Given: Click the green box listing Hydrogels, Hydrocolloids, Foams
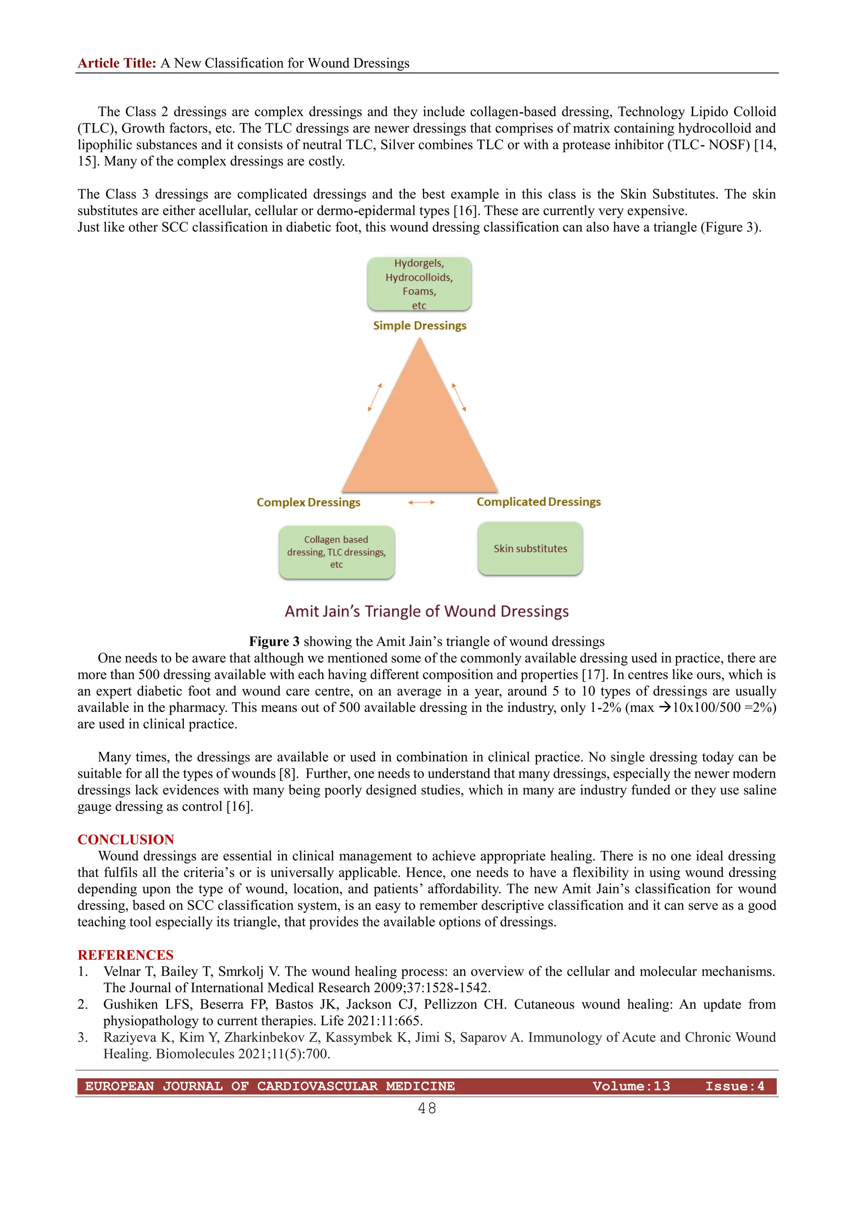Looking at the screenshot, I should (x=419, y=284).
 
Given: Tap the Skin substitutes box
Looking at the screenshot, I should (x=530, y=548).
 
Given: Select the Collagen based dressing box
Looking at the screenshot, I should (x=337, y=552).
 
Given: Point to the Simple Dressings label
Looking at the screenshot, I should (x=419, y=326).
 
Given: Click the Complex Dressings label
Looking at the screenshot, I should (x=308, y=502).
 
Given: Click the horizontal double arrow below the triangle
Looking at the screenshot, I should (x=421, y=503).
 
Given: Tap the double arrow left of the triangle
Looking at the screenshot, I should (x=374, y=397).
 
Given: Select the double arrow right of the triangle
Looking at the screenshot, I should (x=459, y=397).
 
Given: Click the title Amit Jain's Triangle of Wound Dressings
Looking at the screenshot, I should (x=427, y=611).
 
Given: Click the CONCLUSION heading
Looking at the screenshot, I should (x=126, y=839).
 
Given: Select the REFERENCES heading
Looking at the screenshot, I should (x=126, y=955).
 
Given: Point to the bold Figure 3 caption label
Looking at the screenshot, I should (x=274, y=641).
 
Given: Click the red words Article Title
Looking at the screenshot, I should (x=117, y=63).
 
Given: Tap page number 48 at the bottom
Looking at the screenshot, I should (x=427, y=1108).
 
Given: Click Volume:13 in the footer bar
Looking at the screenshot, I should (x=631, y=1086).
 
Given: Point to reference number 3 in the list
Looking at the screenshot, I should (x=83, y=1037).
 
